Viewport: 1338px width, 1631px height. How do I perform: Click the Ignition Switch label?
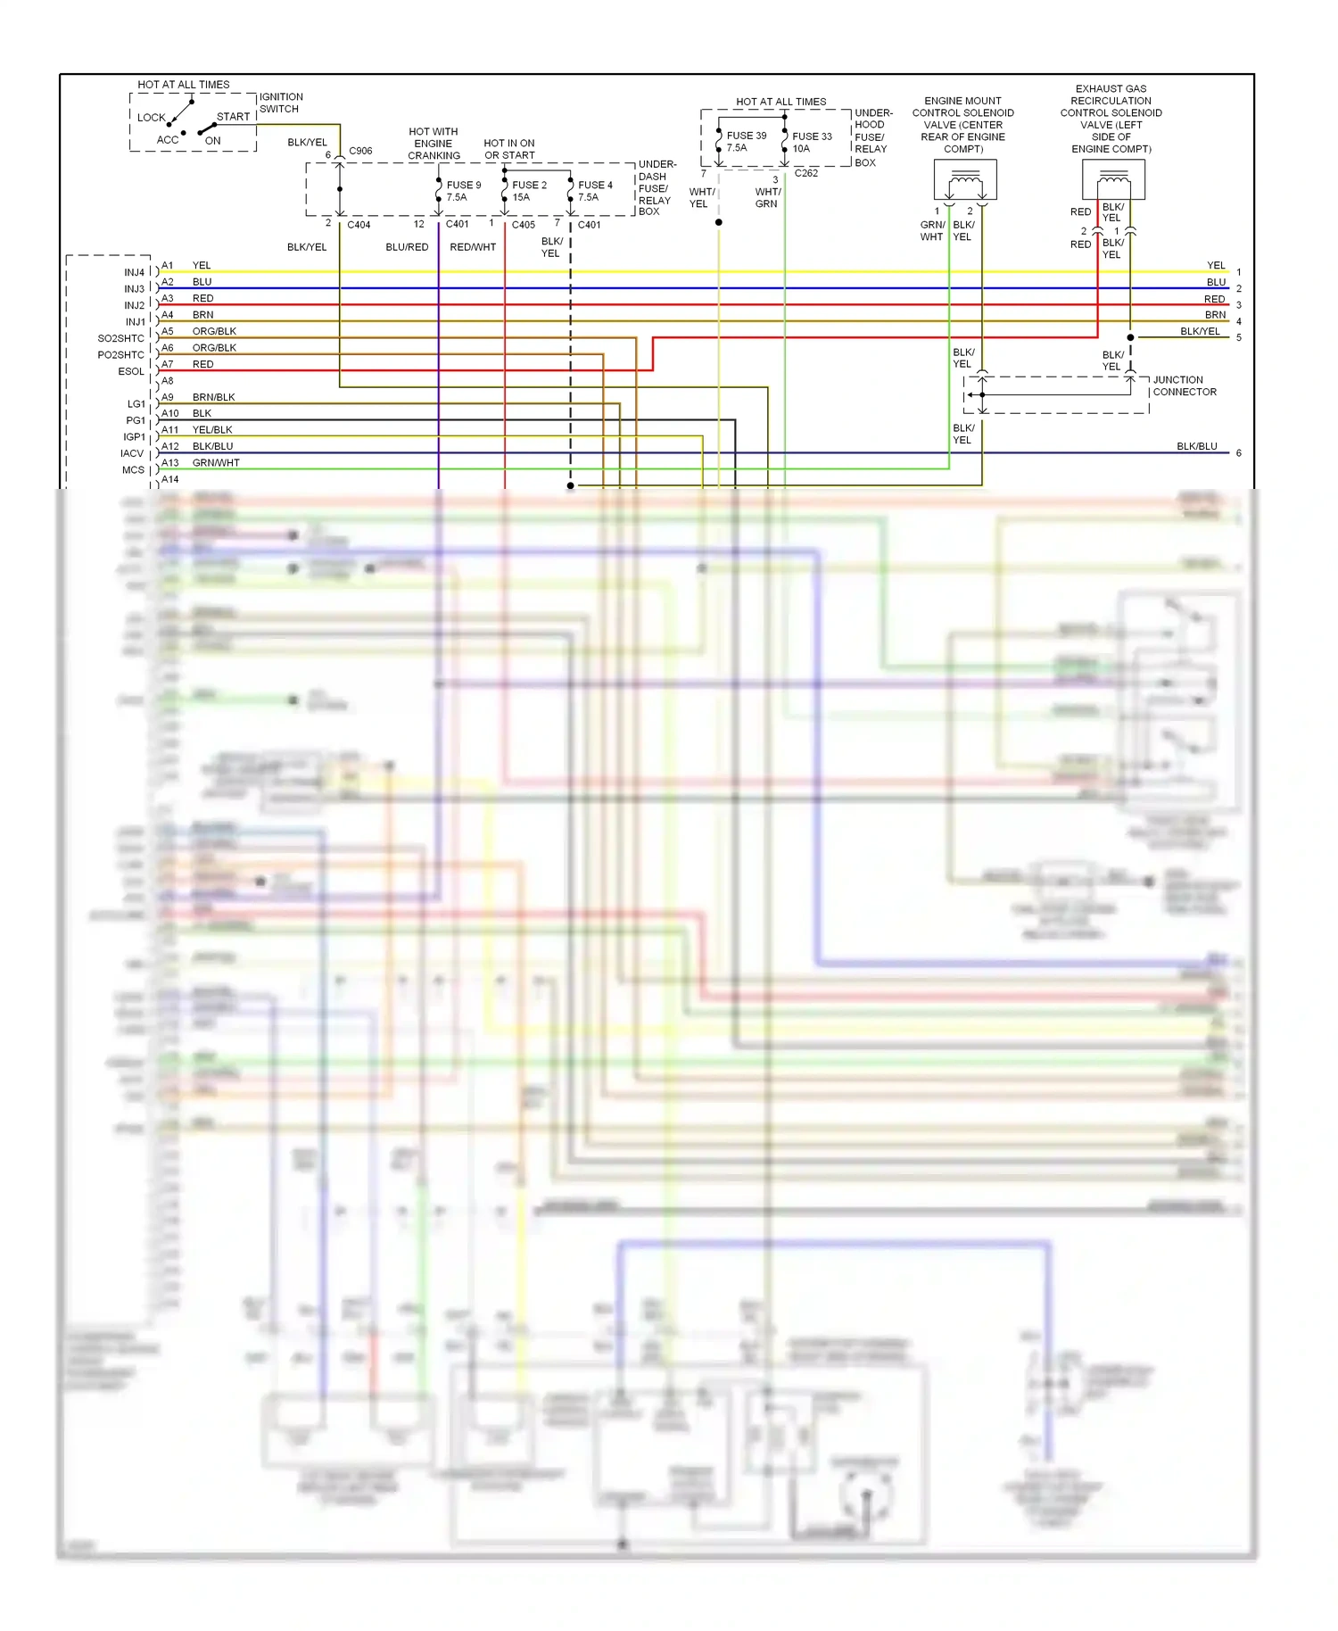pos(280,103)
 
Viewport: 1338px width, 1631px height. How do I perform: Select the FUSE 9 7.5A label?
pos(463,191)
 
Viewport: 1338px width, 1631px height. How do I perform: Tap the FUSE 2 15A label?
pos(529,191)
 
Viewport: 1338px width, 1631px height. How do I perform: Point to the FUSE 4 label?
pos(595,186)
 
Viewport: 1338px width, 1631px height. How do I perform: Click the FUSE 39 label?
pos(746,136)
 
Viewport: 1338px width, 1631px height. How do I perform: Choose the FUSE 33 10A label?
pos(811,142)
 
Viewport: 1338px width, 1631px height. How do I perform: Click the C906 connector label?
pos(360,151)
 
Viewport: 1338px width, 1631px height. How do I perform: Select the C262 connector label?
pos(805,173)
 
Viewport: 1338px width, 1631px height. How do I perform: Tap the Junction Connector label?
pos(1184,385)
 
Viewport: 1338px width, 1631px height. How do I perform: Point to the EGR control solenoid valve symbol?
pos(1112,181)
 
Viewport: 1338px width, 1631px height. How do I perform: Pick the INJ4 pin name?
pos(134,272)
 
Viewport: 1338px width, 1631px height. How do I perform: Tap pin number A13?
pos(169,463)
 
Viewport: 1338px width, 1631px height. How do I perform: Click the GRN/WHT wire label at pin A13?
pos(216,463)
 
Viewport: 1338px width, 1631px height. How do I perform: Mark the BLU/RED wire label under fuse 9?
pos(407,247)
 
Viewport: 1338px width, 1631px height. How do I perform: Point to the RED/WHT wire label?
pos(472,247)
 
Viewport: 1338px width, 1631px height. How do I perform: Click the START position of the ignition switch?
pos(233,117)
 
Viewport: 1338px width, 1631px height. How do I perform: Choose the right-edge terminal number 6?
pos(1238,453)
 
